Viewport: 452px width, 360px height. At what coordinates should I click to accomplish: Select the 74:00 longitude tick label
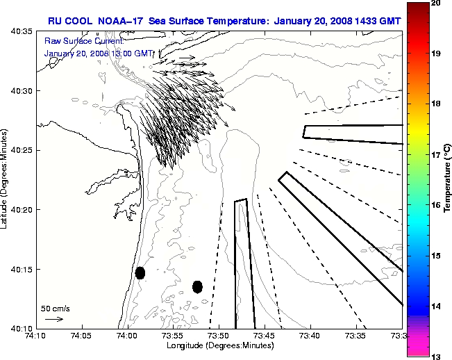pos(127,336)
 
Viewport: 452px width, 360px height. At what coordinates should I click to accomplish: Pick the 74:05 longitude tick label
pos(82,336)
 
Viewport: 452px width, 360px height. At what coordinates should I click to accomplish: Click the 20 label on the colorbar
pos(434,4)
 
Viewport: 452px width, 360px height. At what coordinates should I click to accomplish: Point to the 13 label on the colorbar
pos(434,356)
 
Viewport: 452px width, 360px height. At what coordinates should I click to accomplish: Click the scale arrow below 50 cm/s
pos(54,319)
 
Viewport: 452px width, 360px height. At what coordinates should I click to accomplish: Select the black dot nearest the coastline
pos(140,272)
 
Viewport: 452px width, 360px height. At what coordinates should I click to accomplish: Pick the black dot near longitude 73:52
pos(197,286)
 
